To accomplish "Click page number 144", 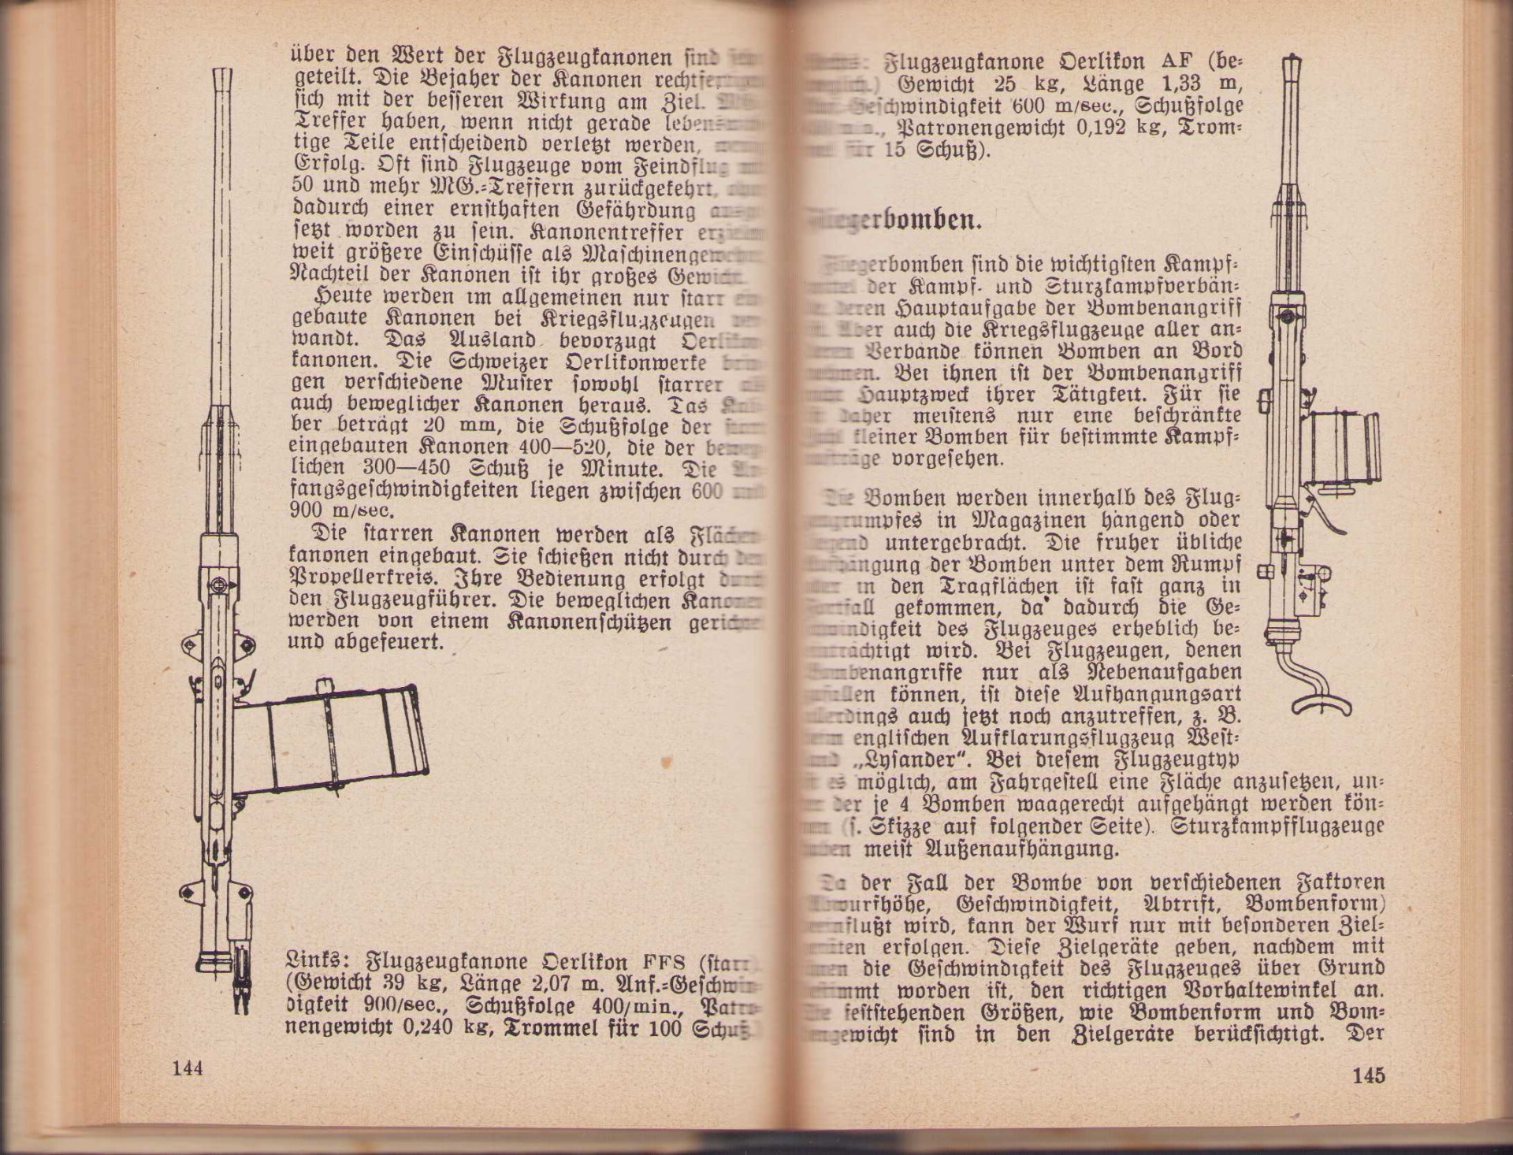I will coord(188,1068).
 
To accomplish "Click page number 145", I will coord(1368,1075).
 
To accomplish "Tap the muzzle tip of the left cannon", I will coord(223,75).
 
